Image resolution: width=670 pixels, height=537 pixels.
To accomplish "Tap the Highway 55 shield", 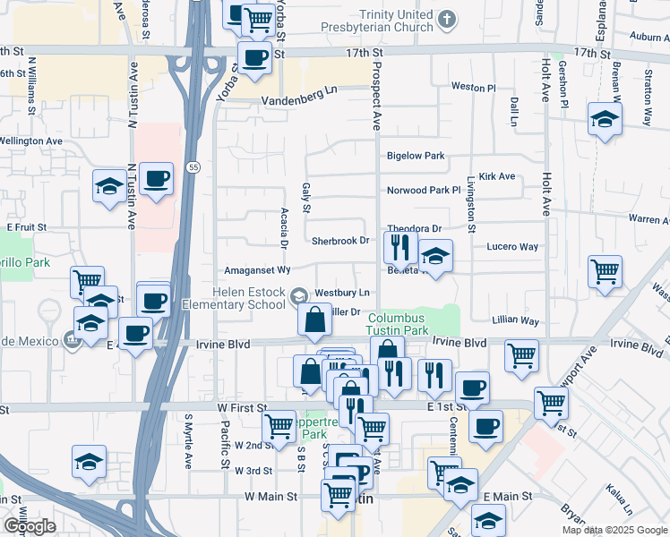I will (193, 166).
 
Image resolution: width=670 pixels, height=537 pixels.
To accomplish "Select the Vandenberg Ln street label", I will (298, 89).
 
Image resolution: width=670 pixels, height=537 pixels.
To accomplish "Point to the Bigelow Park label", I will (415, 156).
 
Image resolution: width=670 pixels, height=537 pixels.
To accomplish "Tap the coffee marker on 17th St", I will (255, 57).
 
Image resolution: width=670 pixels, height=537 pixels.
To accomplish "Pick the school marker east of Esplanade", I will (606, 119).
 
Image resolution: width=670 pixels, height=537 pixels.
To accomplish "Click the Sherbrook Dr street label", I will (340, 241).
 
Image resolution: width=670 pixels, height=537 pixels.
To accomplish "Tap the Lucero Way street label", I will (512, 247).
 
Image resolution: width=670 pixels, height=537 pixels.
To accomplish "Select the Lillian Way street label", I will (516, 320).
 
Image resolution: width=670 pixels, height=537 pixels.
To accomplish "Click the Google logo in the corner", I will (29, 527).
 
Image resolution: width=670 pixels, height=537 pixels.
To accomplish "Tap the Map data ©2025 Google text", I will (614, 530).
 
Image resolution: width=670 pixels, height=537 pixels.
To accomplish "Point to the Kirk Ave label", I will (497, 177).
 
